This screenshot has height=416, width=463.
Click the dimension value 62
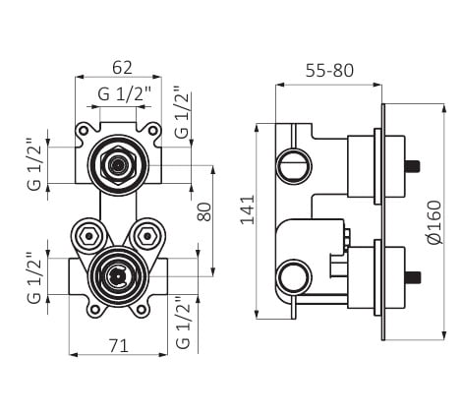(122, 68)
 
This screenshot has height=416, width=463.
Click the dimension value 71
(119, 346)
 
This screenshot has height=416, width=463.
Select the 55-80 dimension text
(329, 71)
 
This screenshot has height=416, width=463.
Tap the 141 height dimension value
(248, 209)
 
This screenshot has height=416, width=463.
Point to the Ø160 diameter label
(434, 222)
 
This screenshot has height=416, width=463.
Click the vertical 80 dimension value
(204, 211)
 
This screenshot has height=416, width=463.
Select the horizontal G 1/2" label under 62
(124, 94)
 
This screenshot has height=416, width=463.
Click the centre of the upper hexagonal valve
(118, 165)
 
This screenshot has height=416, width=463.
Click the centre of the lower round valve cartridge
(118, 277)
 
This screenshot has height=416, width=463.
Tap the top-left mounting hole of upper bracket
(84, 131)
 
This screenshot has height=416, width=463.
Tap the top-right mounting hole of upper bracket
(152, 131)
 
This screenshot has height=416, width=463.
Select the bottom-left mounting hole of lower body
(95, 309)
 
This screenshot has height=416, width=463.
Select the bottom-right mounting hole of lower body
(142, 309)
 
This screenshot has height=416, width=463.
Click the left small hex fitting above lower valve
(88, 236)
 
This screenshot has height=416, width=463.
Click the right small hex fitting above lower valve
(147, 236)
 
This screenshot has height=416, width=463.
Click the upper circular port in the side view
(294, 165)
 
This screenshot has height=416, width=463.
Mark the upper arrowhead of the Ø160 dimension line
(444, 108)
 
